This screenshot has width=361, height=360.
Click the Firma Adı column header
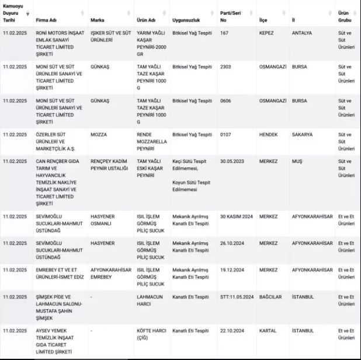48,20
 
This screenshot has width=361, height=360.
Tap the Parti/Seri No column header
231,16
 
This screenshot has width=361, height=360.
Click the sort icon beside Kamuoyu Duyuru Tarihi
27,13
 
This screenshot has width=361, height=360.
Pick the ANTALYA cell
303,33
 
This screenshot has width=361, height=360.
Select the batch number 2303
225,67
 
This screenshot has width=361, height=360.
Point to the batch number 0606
225,100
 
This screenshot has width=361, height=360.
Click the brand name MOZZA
99,134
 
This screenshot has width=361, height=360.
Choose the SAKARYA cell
302,134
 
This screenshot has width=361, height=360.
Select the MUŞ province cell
297,161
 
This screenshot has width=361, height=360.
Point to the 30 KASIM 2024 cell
235,216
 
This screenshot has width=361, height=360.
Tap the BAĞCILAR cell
270,296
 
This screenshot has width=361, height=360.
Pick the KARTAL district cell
268,330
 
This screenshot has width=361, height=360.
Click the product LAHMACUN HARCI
149,300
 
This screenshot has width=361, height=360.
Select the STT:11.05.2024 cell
237,296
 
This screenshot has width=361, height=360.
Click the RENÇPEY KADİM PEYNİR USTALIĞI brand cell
108,165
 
